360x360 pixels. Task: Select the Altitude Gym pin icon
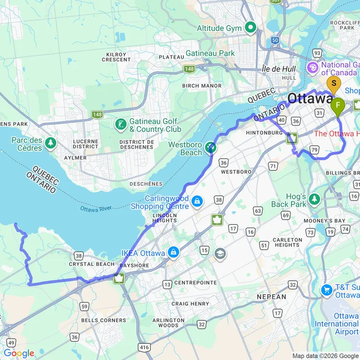pyautogui.click(x=250, y=28)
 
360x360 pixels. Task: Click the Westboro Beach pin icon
pyautogui.click(x=210, y=148)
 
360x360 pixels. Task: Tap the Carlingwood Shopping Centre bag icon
pyautogui.click(x=196, y=201)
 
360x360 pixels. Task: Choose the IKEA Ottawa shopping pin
pyautogui.click(x=173, y=252)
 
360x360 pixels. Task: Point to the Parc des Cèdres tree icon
pyautogui.click(x=50, y=143)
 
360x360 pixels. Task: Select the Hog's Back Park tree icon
pyautogui.click(x=314, y=198)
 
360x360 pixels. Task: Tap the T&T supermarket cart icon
pyautogui.click(x=327, y=290)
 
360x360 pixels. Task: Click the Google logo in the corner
pyautogui.click(x=19, y=353)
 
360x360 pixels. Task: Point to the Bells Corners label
pyautogui.click(x=97, y=320)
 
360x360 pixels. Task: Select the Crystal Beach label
pyautogui.click(x=92, y=264)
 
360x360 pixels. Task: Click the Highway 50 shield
pyautogui.click(x=275, y=41)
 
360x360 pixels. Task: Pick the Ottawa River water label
pyautogui.click(x=96, y=209)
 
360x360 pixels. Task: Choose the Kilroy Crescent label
pyautogui.click(x=116, y=58)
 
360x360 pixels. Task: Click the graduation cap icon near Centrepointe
pyautogui.click(x=220, y=253)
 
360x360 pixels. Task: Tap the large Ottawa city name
pyautogui.click(x=310, y=99)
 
